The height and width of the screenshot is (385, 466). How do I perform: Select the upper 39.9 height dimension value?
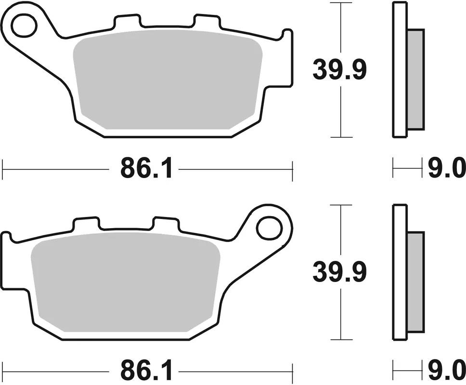click(x=340, y=70)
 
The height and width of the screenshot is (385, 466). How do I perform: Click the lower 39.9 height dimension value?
click(x=340, y=272)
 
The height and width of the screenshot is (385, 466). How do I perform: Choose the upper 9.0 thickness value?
click(x=447, y=169)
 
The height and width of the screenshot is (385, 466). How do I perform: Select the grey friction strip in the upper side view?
click(x=416, y=79)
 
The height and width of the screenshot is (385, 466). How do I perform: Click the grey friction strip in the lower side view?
click(x=416, y=282)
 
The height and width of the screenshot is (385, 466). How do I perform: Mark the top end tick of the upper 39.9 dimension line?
click(x=341, y=3)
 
